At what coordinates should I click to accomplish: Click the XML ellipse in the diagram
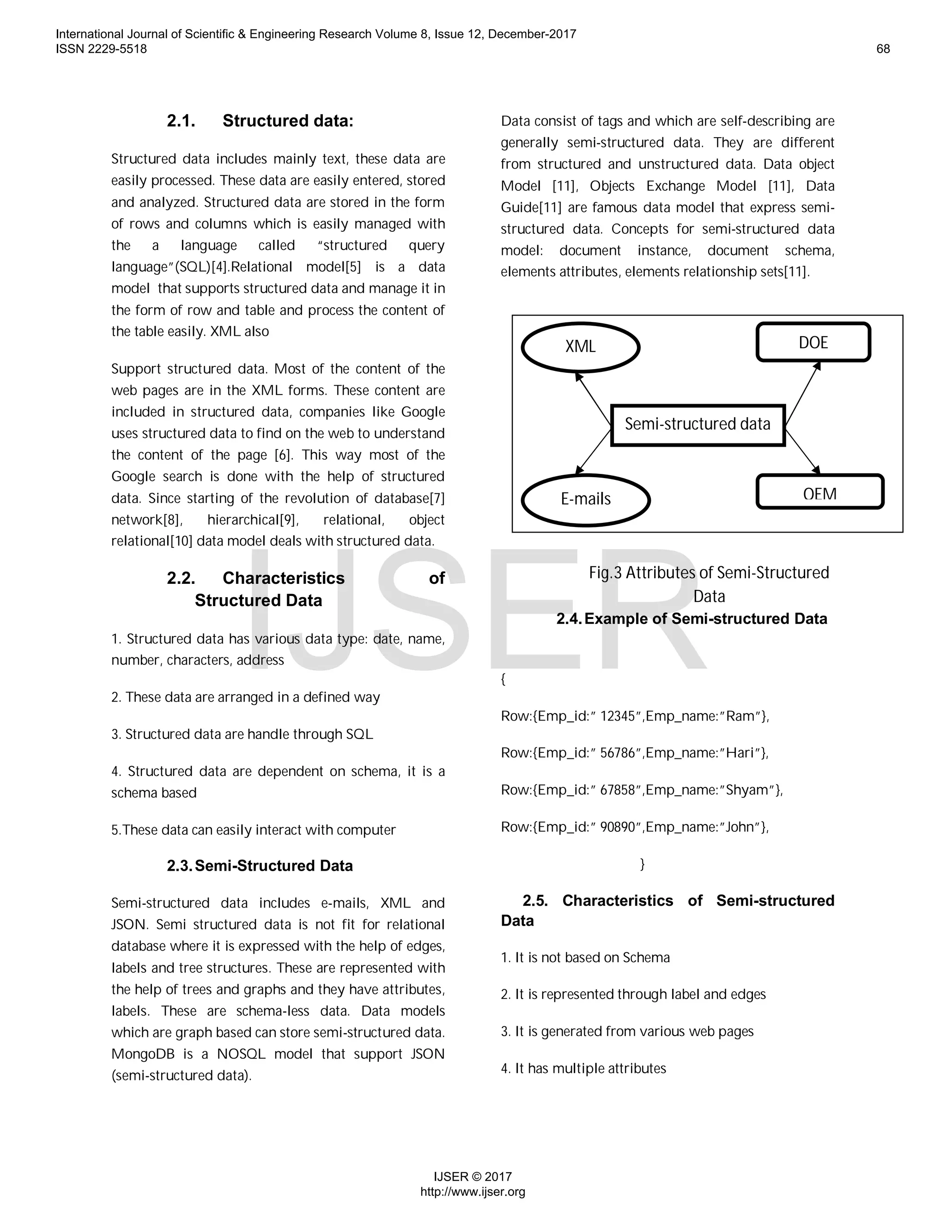[580, 347]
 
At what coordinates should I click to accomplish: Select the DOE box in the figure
[813, 342]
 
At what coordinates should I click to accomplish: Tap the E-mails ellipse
[585, 499]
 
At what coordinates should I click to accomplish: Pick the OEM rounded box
[819, 493]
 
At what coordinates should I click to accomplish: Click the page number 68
[883, 49]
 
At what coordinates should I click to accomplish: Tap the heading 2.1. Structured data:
[260, 121]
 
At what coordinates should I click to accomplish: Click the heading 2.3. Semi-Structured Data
[260, 866]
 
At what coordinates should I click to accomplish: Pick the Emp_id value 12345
[617, 716]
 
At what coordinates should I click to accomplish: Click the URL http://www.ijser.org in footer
[473, 1192]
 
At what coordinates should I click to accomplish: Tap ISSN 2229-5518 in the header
[102, 49]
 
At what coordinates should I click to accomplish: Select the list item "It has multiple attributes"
[583, 1069]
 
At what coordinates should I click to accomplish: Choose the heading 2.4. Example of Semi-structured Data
[691, 619]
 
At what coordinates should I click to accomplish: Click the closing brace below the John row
[642, 864]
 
